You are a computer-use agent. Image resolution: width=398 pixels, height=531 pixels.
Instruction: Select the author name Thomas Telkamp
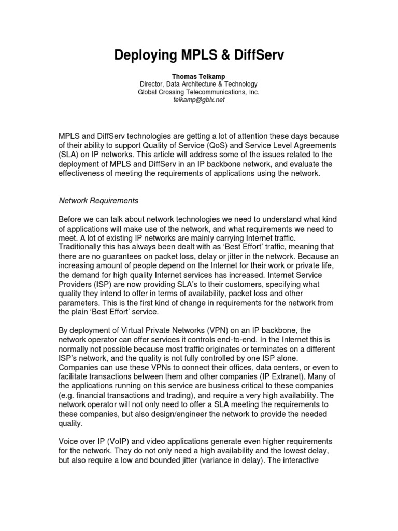[x=198, y=76]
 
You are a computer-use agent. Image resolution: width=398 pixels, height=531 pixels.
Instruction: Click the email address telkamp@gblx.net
[x=198, y=100]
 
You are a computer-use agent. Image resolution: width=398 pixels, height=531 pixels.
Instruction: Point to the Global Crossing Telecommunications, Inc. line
[x=198, y=92]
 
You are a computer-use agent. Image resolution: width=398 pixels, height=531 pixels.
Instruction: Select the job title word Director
[x=153, y=84]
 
